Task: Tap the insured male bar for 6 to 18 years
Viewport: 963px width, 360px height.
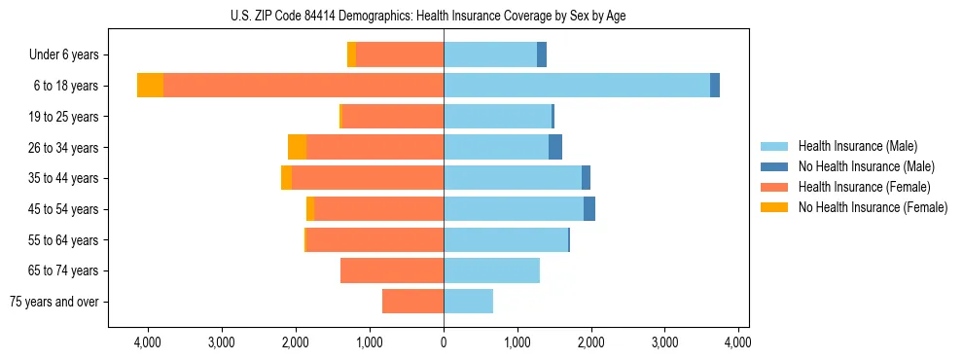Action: (577, 86)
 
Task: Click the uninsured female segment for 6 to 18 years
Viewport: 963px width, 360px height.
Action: (150, 86)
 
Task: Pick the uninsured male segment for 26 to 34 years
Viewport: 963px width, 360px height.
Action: (555, 147)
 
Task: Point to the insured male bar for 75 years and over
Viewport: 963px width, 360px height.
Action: (468, 302)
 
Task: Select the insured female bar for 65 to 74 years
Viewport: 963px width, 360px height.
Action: (392, 270)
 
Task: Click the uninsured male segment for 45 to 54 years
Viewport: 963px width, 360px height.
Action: (589, 209)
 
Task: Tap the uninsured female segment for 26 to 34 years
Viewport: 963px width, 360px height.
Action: (297, 147)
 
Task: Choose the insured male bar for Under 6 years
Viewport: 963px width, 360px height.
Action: (490, 54)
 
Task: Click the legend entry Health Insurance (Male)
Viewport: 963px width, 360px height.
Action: (856, 146)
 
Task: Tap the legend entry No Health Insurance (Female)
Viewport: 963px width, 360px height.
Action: (873, 207)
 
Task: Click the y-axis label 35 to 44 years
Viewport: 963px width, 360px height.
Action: (65, 178)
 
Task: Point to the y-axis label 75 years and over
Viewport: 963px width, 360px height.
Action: (53, 302)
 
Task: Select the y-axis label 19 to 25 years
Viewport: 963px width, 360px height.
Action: (65, 117)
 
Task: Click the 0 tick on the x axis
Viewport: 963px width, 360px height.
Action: (444, 342)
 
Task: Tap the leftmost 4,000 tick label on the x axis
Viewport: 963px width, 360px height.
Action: (147, 342)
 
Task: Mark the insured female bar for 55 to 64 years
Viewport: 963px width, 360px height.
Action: (374, 239)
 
